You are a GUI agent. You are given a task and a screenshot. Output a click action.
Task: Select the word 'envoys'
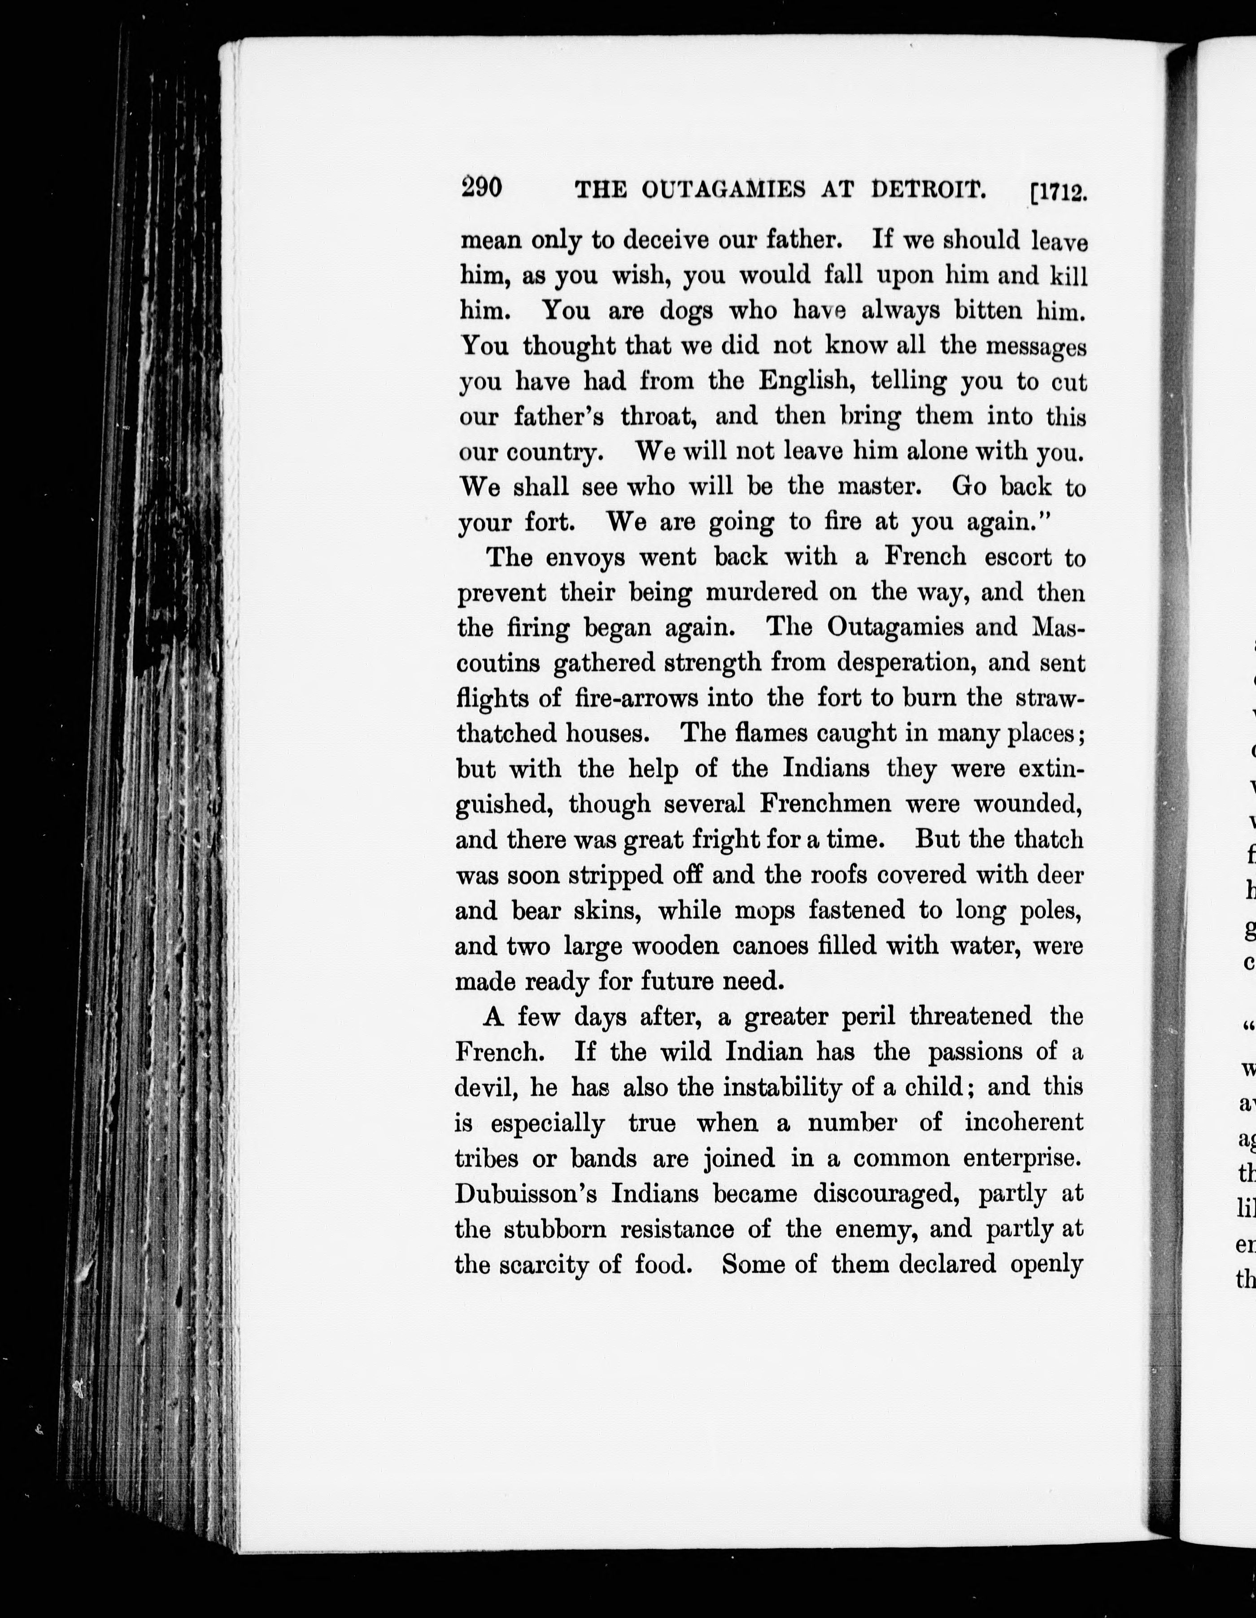pos(584,557)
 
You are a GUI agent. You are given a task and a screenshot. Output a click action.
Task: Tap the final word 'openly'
pos(1047,1266)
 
